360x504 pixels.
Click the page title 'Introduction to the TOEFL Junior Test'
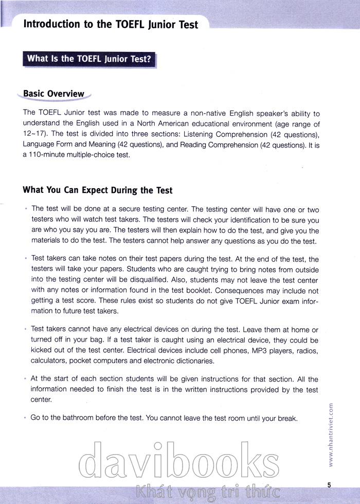pos(111,24)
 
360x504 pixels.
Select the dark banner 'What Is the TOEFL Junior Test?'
pos(89,59)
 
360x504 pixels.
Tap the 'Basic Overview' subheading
pos(53,94)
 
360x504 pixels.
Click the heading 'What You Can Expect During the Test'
pos(98,190)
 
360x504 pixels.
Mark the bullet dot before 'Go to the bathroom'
pos(25,418)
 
